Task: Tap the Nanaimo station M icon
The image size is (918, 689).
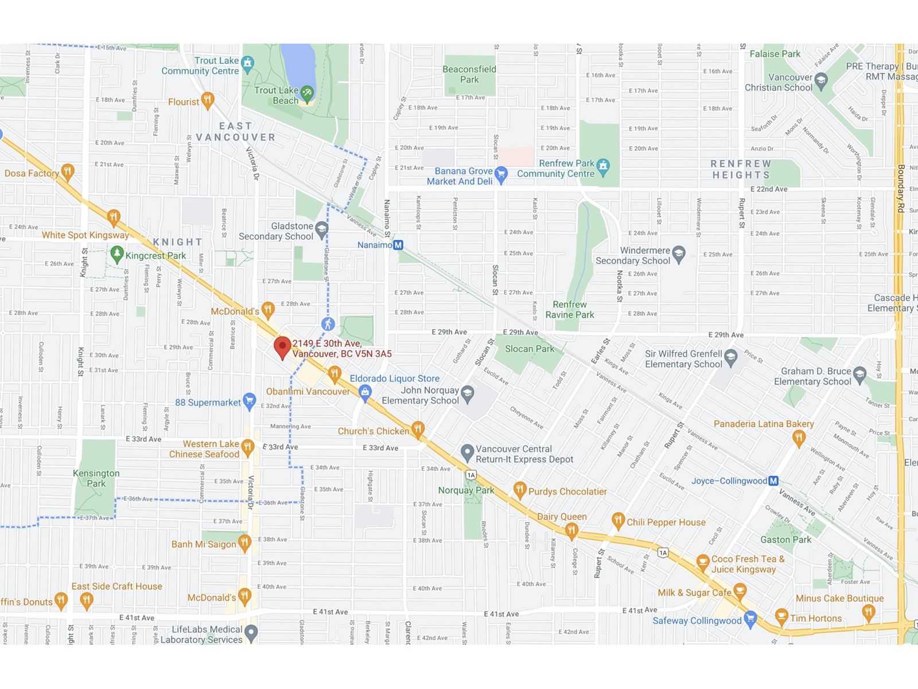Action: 398,245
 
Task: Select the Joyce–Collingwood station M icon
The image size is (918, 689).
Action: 773,481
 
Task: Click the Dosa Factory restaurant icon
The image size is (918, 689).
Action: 68,172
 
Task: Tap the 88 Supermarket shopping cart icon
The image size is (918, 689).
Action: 249,401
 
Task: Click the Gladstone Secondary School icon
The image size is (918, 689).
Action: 321,230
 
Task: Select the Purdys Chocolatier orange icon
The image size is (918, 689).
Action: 520,490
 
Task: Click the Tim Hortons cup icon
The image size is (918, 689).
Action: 781,617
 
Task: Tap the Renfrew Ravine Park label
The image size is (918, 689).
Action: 570,309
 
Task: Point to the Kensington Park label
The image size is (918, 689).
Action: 96,478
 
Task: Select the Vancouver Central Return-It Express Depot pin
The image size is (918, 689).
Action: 468,452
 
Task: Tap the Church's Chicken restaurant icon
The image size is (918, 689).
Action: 418,429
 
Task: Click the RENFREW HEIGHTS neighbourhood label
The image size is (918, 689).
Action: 741,169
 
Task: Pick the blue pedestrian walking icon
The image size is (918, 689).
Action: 328,324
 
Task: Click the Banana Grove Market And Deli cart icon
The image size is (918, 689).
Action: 501,174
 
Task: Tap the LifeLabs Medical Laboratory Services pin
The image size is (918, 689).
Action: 251,633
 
